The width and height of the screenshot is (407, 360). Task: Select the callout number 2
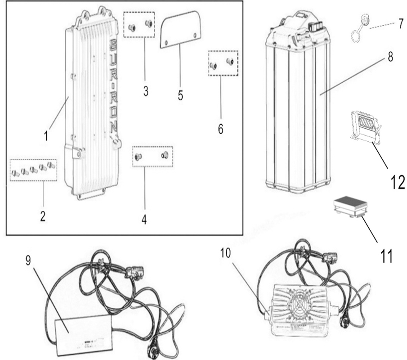point(43,216)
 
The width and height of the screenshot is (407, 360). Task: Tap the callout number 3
point(146,90)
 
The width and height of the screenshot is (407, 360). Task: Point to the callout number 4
point(144,220)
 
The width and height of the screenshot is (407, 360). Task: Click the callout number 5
point(180,96)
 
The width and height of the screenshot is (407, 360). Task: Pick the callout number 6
point(220,128)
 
